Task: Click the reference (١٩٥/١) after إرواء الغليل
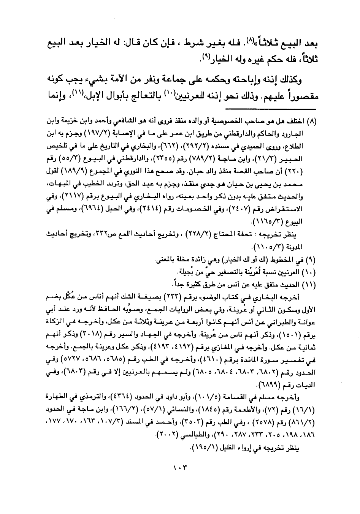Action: [201, 448]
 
